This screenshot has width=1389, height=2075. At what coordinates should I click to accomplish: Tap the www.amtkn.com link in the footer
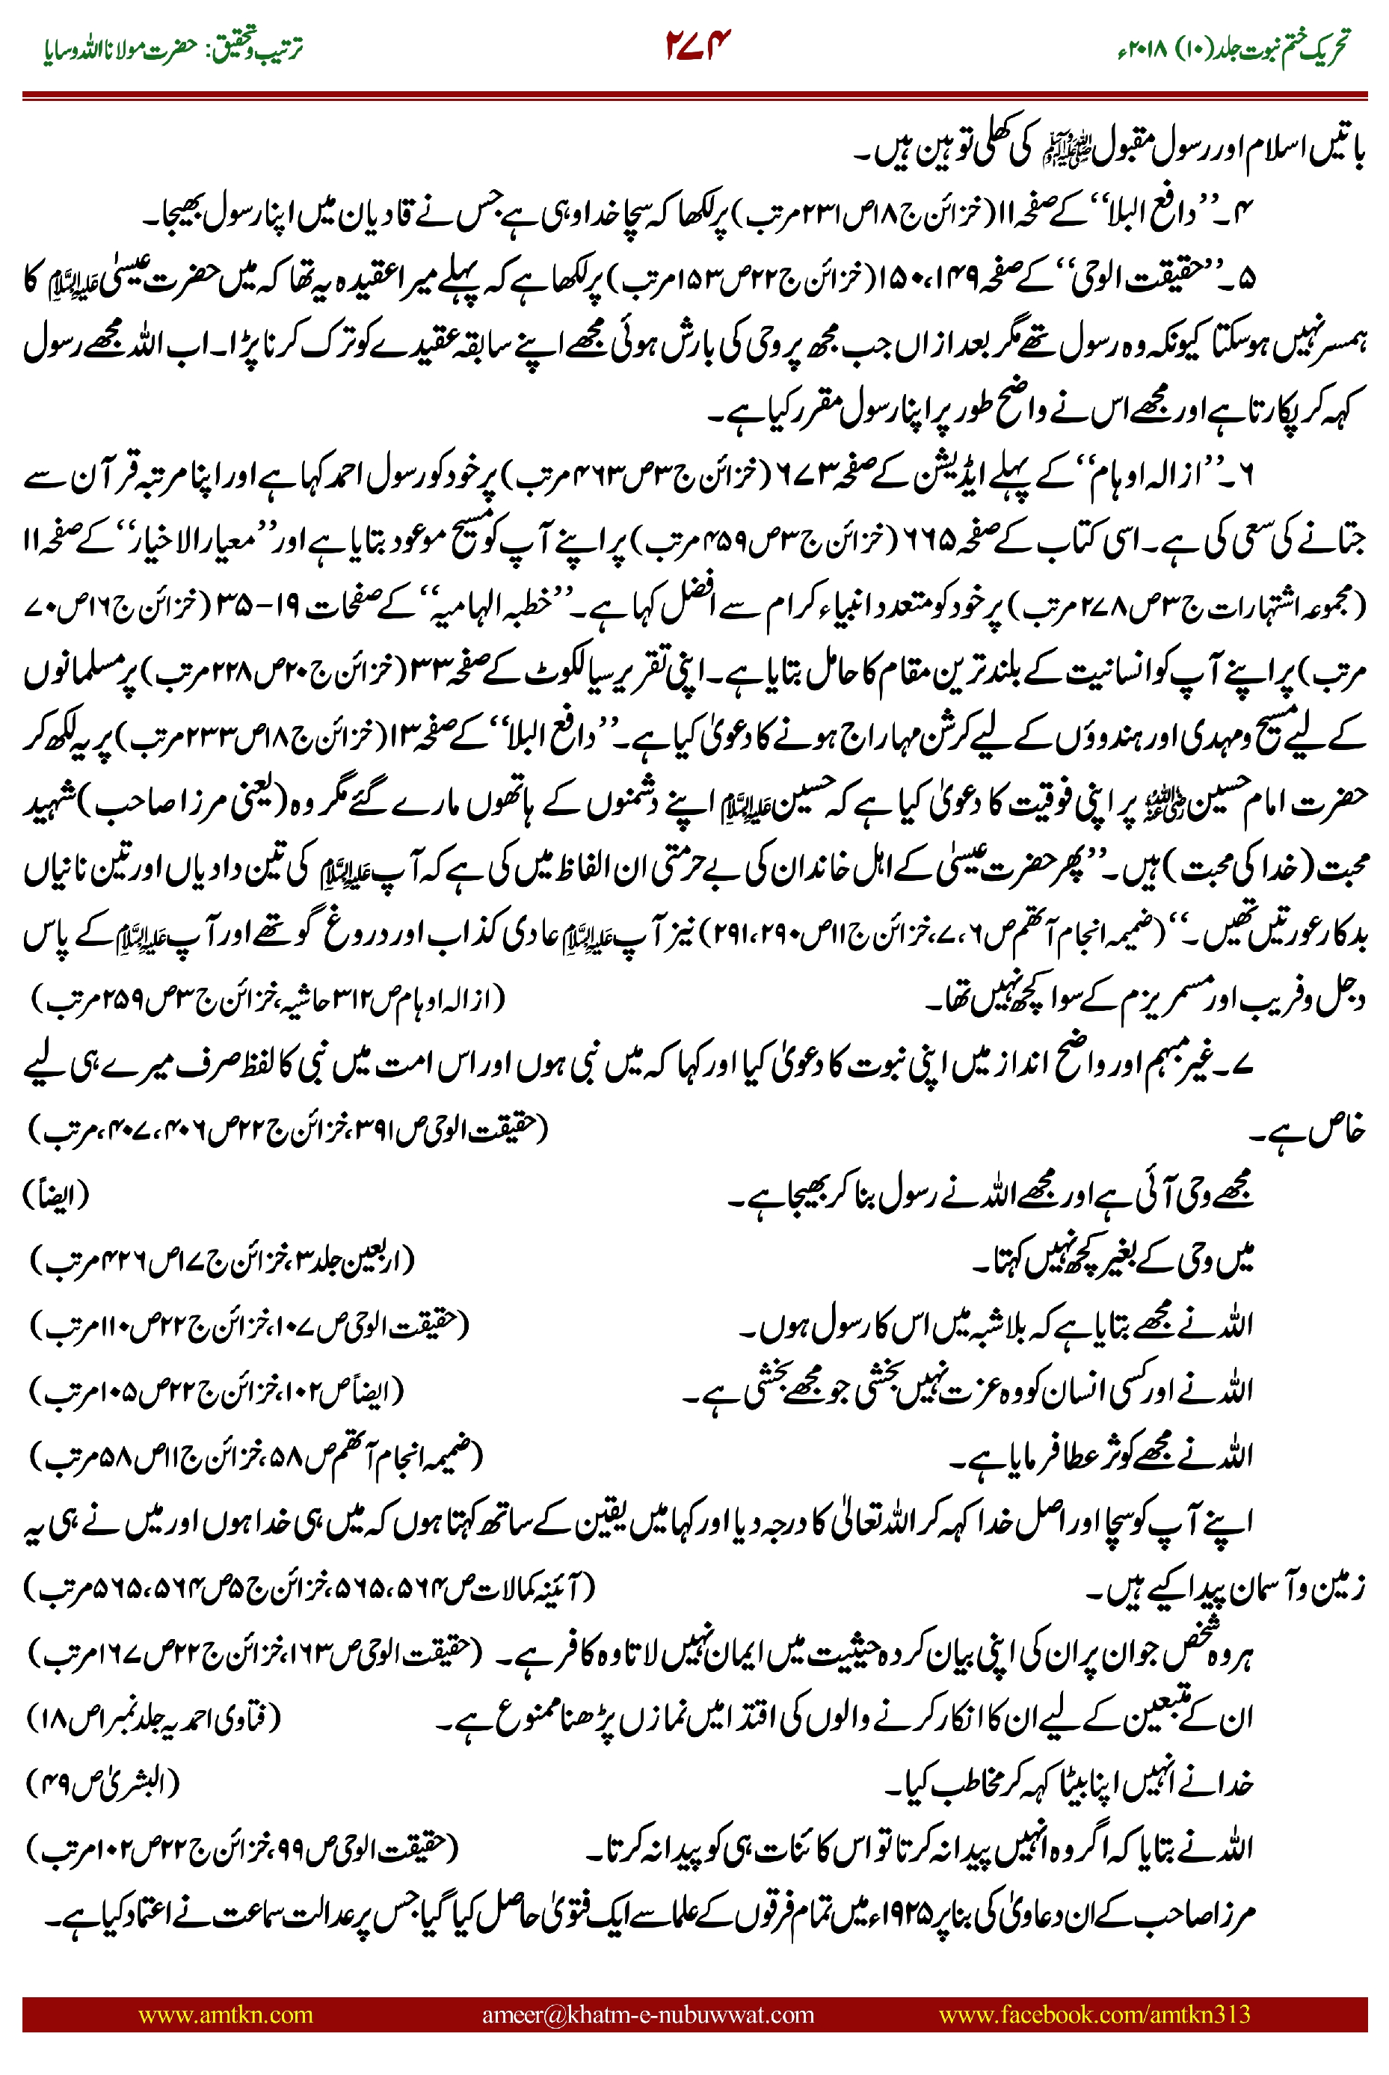225,2014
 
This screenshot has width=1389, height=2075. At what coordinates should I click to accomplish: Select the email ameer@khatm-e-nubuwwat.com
647,2014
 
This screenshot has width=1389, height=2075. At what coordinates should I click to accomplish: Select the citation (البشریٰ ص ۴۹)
102,1782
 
